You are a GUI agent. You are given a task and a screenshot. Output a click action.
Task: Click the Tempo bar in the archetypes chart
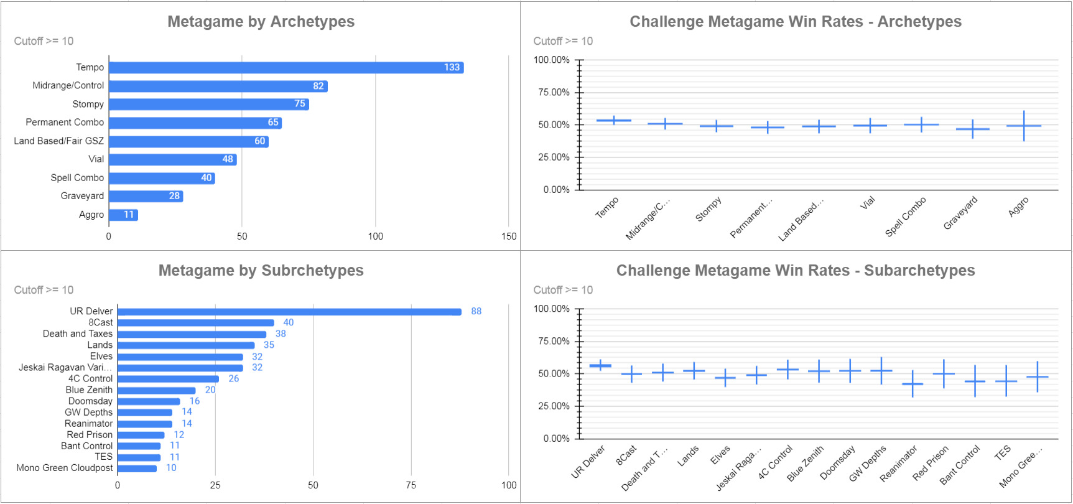click(x=286, y=68)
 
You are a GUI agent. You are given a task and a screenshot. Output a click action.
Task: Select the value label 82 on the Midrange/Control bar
click(x=318, y=86)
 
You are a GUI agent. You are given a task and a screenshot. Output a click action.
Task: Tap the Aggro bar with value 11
click(x=123, y=215)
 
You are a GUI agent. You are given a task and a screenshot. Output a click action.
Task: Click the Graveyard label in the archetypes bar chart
click(x=82, y=196)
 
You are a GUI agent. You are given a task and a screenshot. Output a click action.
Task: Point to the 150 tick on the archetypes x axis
click(x=509, y=236)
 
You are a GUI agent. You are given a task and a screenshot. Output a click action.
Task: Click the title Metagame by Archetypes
click(x=261, y=22)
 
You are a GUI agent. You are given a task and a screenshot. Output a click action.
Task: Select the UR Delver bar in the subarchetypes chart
click(x=289, y=312)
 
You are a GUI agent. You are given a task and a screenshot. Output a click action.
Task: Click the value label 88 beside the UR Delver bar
click(x=476, y=311)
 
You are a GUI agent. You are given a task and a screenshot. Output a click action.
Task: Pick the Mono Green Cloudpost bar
click(x=137, y=469)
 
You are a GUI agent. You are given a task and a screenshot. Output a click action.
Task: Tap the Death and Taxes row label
click(x=78, y=334)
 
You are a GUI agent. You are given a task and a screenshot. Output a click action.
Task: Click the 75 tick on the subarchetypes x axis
click(x=411, y=485)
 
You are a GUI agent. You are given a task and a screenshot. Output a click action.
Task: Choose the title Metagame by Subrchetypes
click(x=261, y=271)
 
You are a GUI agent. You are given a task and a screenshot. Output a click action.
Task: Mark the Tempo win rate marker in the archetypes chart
click(x=614, y=120)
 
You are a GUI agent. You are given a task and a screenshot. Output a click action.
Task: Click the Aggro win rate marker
click(x=1024, y=126)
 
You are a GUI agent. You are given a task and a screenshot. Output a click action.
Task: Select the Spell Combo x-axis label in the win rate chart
click(x=906, y=216)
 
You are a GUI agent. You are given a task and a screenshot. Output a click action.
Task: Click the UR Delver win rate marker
click(x=600, y=366)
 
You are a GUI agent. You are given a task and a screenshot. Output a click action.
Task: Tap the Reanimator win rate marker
click(x=913, y=384)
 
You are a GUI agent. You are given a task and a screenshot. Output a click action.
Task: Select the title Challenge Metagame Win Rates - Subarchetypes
click(x=796, y=271)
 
